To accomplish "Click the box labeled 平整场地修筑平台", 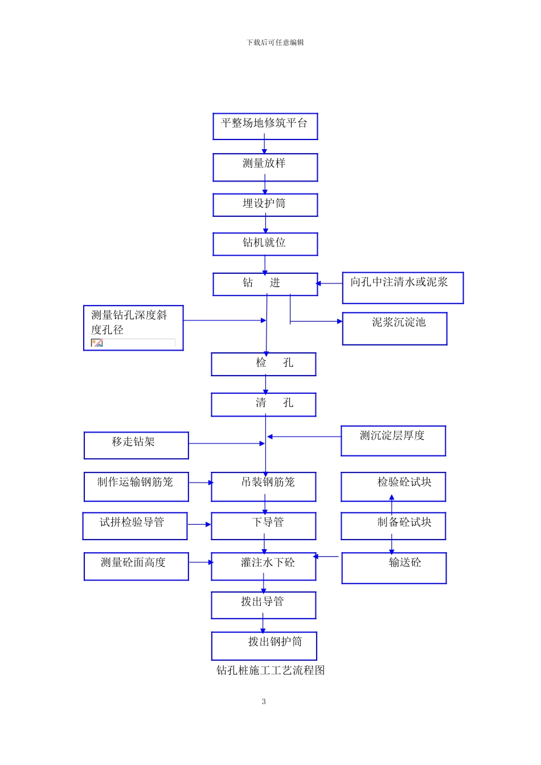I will [265, 126].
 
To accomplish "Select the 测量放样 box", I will [265, 167].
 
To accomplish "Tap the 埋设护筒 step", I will [265, 205].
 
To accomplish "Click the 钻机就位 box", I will [265, 244].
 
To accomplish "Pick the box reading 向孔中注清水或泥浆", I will [403, 287].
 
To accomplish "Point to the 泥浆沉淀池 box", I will [395, 328].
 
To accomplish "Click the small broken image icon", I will [97, 343].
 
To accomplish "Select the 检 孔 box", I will [263, 364].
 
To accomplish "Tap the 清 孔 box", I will [263, 405].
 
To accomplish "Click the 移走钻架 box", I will [136, 445].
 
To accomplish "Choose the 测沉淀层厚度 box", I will [393, 441].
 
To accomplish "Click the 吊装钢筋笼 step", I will [263, 487].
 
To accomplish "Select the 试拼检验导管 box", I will [135, 526].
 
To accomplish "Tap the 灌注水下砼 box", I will [263, 566].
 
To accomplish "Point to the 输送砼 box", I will [394, 567].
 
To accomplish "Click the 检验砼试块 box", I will [393, 487].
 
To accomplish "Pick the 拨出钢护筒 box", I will [264, 645].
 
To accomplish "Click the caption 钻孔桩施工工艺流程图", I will [270, 671].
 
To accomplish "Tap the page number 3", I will [264, 701].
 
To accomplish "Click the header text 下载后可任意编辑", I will [275, 43].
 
